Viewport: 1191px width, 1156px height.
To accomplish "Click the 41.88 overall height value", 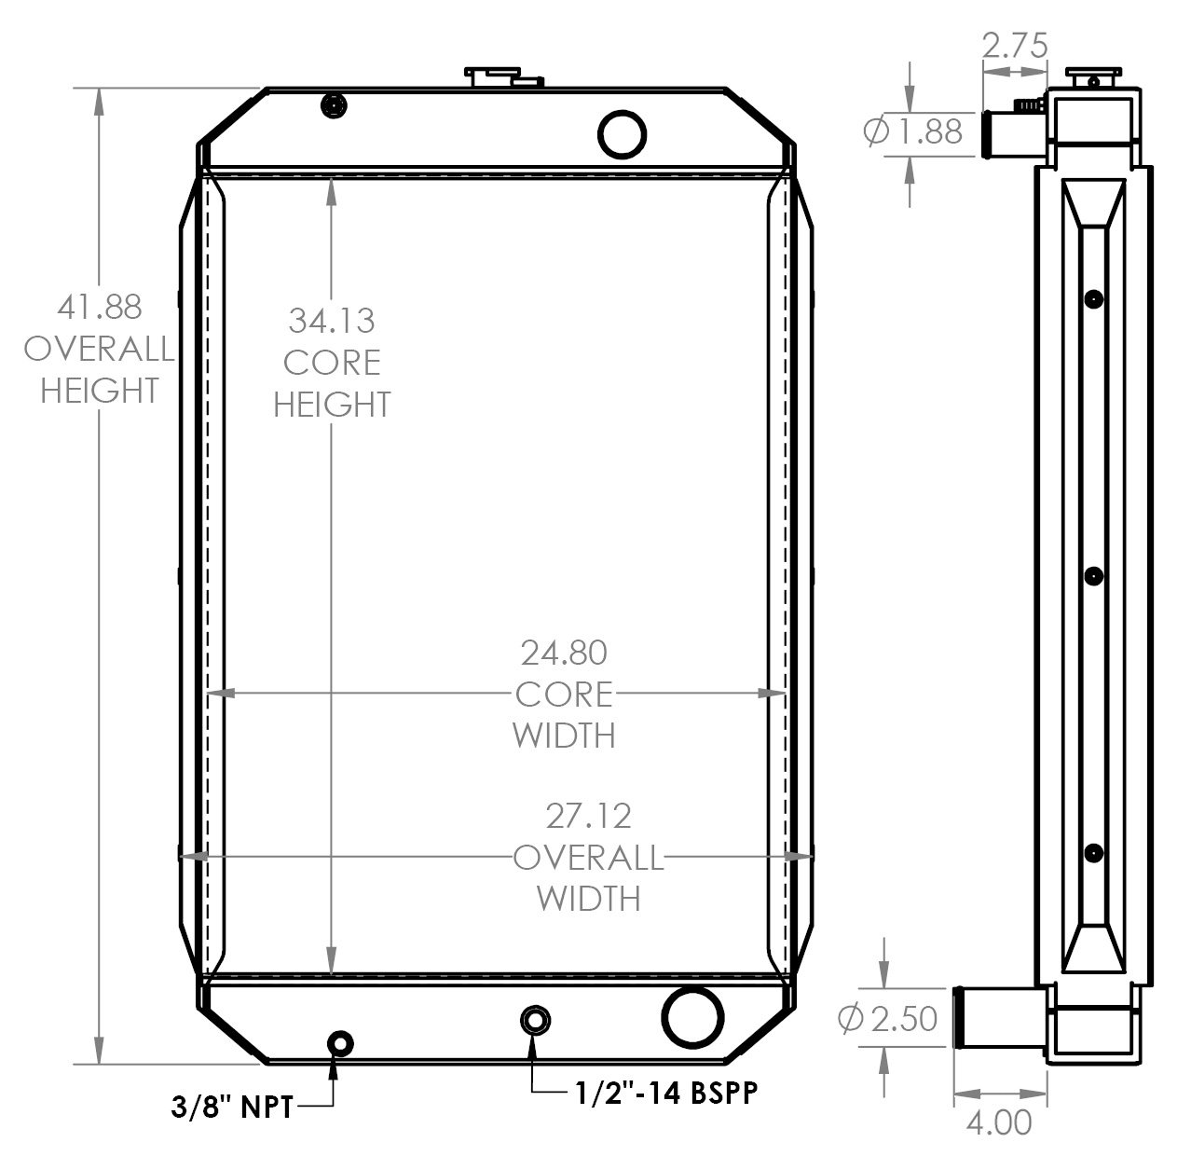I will point(99,307).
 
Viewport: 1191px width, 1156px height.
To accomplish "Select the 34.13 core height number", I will point(331,321).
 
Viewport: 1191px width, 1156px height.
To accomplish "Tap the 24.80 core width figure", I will point(564,653).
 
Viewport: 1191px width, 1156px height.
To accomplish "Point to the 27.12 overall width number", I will point(588,816).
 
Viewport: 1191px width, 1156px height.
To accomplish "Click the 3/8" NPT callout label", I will point(232,1107).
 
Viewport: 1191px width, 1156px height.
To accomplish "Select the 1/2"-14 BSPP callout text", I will point(665,1092).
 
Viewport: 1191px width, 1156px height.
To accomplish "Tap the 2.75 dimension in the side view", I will point(1014,45).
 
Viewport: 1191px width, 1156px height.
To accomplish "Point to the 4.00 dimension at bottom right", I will point(998,1122).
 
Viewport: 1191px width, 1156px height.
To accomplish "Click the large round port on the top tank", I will point(622,133).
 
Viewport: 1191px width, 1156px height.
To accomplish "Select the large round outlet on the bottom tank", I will point(692,1017).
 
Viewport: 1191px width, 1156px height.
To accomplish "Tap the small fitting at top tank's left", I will point(333,106).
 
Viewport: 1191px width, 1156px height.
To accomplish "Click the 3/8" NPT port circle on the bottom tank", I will point(339,1042).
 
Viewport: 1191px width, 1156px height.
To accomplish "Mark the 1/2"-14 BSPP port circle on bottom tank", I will point(534,1020).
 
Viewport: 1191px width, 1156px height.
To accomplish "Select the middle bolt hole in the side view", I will point(1093,576).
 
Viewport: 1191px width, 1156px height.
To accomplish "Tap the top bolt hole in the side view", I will point(1093,299).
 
